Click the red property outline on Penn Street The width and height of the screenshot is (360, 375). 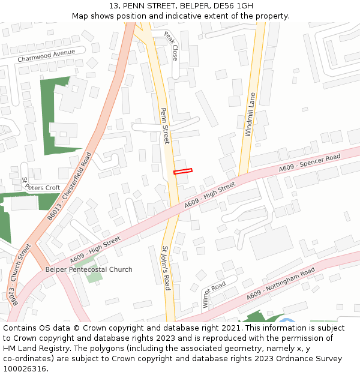click(x=183, y=172)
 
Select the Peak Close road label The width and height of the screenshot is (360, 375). click(x=171, y=46)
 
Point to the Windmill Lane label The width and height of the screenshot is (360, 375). click(x=250, y=115)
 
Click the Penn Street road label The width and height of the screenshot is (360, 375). click(x=165, y=125)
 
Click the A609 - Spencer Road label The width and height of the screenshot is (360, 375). click(x=310, y=164)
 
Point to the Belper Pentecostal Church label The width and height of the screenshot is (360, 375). click(x=89, y=269)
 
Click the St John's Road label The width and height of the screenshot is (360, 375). click(x=167, y=268)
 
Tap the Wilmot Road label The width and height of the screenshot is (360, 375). click(x=214, y=294)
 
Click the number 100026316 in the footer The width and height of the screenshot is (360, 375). click(x=25, y=368)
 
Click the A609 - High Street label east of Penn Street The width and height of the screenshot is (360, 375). click(x=210, y=196)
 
